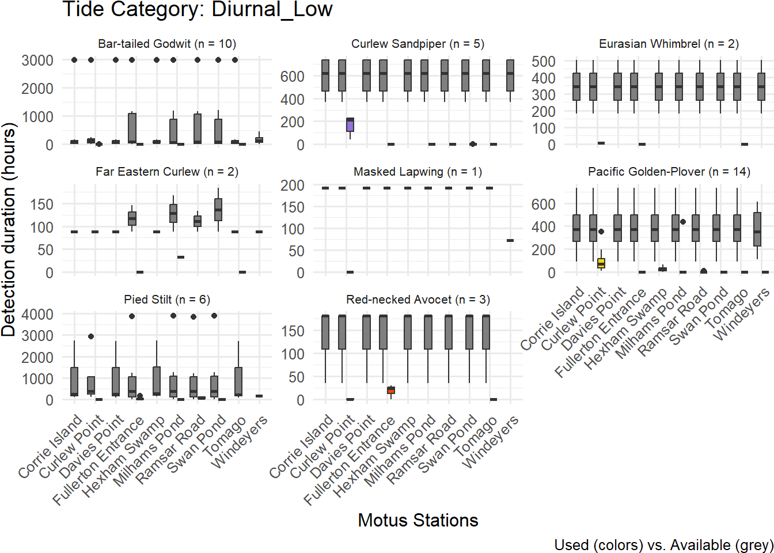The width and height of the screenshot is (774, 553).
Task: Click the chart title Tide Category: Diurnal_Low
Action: click(x=197, y=10)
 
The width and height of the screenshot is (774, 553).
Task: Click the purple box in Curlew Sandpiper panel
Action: click(x=350, y=124)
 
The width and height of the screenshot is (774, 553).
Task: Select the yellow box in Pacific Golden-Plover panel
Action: click(x=601, y=263)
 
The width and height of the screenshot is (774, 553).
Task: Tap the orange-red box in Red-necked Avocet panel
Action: click(x=391, y=390)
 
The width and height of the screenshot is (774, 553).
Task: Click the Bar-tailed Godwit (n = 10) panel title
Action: click(x=167, y=44)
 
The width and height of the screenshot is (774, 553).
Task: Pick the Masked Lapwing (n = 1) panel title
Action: click(x=418, y=172)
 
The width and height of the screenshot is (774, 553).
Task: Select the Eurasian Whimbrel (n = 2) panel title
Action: click(x=669, y=44)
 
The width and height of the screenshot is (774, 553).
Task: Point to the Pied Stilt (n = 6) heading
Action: click(x=167, y=300)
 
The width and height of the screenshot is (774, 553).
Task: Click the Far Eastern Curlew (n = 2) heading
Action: click(x=167, y=172)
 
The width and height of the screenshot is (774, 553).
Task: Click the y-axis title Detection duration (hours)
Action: click(x=9, y=229)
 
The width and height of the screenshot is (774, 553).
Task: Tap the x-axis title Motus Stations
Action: click(x=418, y=520)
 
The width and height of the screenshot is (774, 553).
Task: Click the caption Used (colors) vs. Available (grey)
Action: click(x=663, y=545)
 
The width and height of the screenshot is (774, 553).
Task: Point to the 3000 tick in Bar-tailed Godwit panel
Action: click(x=37, y=60)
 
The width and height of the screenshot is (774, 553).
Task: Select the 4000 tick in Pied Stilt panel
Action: click(x=37, y=315)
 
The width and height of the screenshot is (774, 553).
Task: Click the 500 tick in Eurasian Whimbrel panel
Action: click(x=544, y=62)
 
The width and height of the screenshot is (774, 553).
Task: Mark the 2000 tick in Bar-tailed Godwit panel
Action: click(x=37, y=89)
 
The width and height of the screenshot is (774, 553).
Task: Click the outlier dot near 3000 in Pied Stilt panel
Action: click(x=91, y=336)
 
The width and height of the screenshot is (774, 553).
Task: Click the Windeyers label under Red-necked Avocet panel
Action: click(x=491, y=442)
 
